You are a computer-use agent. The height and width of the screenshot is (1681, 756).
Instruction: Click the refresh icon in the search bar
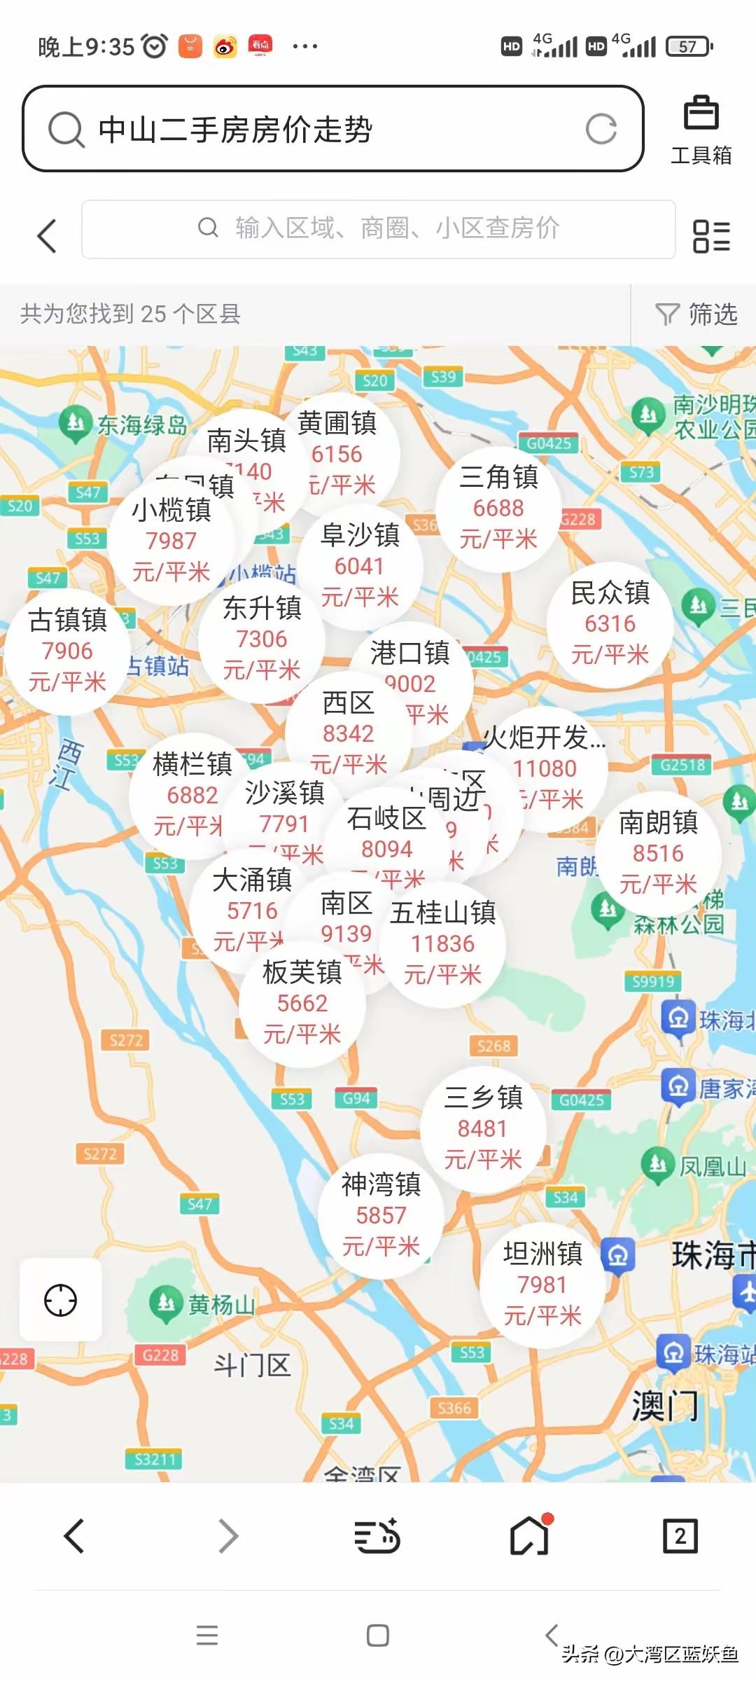pos(601,129)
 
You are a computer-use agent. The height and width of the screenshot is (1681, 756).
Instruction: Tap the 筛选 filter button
pos(696,314)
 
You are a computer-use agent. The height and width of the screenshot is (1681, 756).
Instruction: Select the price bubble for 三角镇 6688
pos(498,509)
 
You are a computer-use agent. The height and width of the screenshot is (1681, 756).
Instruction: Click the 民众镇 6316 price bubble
pos(610,624)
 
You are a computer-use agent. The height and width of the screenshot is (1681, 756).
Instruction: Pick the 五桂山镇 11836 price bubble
pos(443,943)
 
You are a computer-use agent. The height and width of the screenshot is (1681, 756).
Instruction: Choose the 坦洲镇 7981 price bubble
pos(542,1285)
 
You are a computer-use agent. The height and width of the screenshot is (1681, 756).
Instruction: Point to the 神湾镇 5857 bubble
pos(381,1215)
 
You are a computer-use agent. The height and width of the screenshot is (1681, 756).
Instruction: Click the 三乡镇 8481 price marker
pos(483,1128)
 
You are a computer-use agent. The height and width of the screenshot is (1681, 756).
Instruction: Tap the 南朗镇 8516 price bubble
pos(658,853)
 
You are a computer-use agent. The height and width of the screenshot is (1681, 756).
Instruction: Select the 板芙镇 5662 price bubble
pos(302,1003)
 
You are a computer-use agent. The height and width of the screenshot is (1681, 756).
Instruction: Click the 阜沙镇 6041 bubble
pos(360,566)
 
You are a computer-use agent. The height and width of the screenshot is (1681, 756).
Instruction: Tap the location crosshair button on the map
pos(60,1301)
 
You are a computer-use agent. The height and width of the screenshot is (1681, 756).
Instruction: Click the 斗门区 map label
pos(251,1365)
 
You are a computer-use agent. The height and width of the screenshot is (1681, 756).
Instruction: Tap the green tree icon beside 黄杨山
pos(166,1303)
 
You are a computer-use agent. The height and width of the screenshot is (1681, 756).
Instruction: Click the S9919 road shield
pos(652,981)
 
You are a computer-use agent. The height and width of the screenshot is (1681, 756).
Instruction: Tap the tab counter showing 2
pos(680,1536)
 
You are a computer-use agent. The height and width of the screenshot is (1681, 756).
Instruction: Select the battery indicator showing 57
pos(689,47)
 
